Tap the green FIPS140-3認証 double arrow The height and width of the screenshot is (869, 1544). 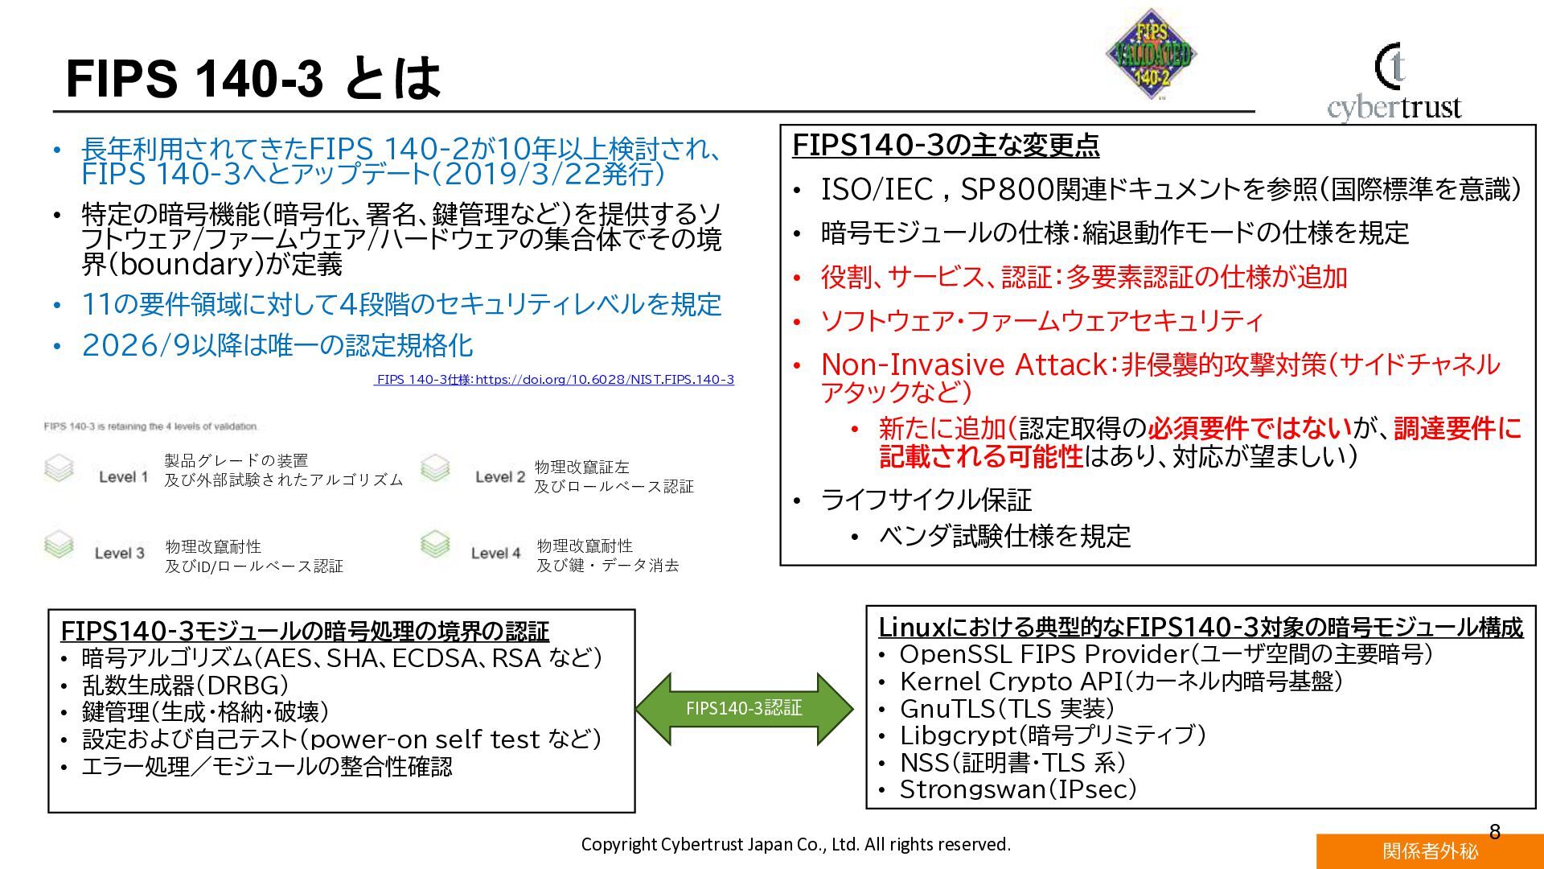(x=744, y=708)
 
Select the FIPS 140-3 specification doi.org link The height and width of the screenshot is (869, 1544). (x=555, y=380)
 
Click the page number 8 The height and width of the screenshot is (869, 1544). (x=1495, y=832)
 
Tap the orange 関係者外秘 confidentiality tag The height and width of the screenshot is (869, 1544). (x=1430, y=851)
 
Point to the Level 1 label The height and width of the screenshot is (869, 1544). (x=123, y=477)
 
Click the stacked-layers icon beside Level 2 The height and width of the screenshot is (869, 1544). (x=435, y=469)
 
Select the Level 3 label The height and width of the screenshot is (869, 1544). (x=119, y=554)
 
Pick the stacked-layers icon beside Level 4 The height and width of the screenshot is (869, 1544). (x=435, y=546)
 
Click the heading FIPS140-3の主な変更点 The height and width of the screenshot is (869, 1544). (x=946, y=146)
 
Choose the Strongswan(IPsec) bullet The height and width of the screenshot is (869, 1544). (x=1017, y=789)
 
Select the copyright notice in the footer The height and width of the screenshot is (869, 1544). (x=795, y=844)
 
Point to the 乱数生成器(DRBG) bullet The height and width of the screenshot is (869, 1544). (x=185, y=686)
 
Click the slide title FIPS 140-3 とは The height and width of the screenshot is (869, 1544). (x=253, y=79)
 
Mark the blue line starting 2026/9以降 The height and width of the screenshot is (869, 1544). (x=277, y=346)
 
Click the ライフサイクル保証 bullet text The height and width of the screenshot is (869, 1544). (x=926, y=500)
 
